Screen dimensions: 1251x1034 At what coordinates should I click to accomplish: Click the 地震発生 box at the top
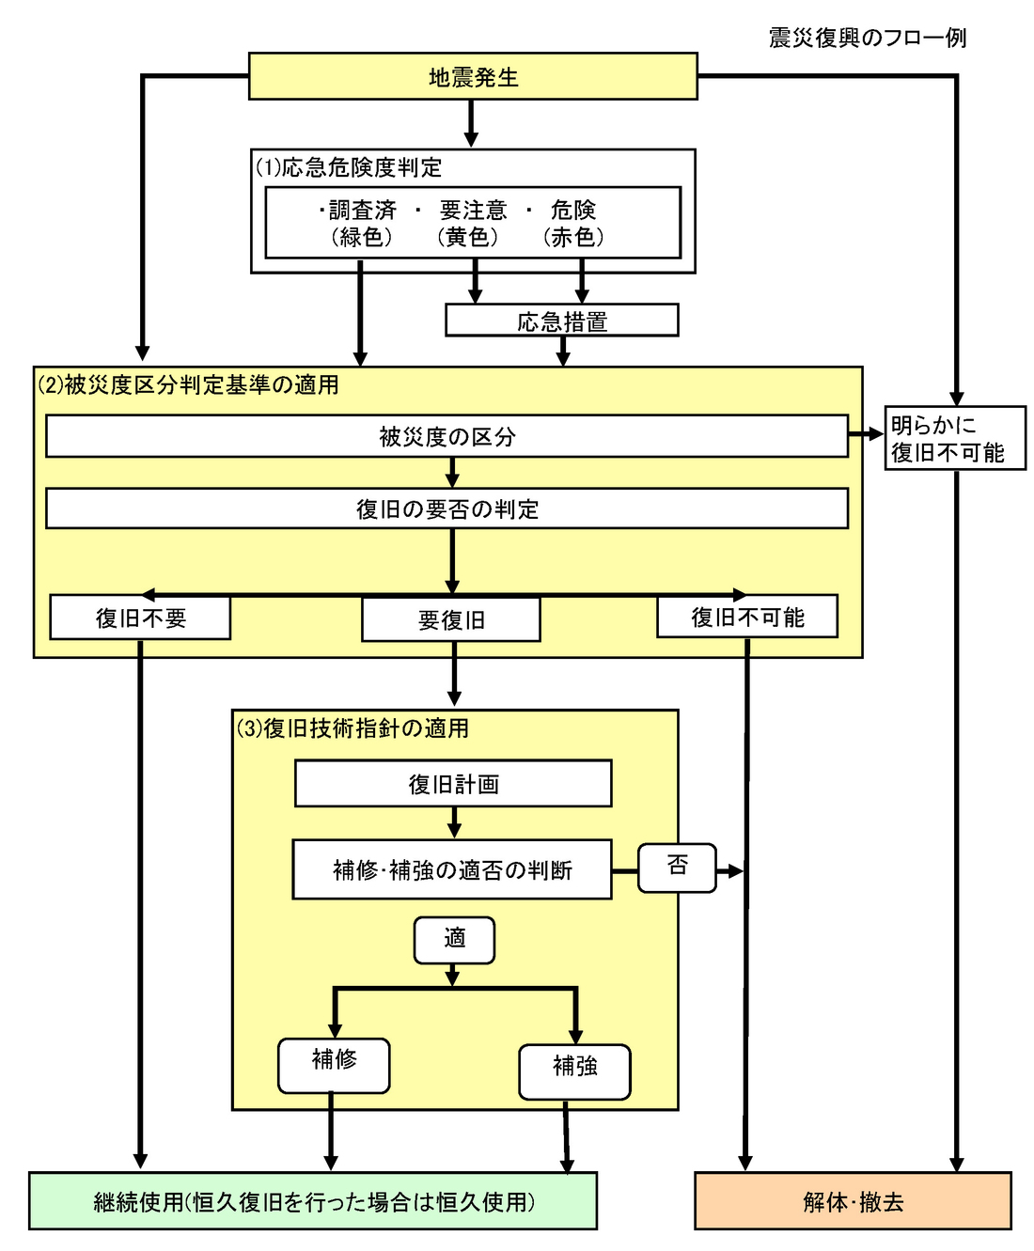coord(473,76)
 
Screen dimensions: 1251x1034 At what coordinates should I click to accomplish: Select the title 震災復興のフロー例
coord(867,38)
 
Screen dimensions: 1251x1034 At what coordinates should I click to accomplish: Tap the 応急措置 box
coord(561,321)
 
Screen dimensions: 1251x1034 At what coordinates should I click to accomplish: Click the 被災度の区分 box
coord(446,436)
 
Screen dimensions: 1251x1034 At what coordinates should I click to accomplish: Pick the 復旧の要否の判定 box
coord(446,508)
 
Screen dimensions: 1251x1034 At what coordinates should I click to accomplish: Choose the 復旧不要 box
coord(140,618)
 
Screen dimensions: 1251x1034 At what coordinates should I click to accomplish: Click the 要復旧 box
coord(451,619)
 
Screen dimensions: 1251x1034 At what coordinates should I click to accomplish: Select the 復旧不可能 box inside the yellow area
coord(747,617)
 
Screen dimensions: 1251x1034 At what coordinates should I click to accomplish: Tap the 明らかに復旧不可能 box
coord(954,438)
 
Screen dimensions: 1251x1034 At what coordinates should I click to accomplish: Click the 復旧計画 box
coord(453,784)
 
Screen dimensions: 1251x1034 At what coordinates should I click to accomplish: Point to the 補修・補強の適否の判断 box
coord(452,869)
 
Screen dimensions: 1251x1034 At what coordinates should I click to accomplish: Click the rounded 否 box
coord(677,867)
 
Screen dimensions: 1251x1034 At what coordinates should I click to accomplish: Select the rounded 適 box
coord(454,940)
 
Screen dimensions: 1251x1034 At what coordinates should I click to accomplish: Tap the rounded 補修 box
coord(334,1065)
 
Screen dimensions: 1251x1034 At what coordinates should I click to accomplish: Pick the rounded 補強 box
coord(574,1071)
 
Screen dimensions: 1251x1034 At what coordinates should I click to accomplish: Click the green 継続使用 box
coord(313,1201)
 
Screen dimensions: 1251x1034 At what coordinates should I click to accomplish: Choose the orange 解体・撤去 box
coord(853,1201)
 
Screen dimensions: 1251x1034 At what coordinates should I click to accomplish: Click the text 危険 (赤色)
coord(573,223)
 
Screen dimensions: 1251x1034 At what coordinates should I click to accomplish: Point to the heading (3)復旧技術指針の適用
coord(352,728)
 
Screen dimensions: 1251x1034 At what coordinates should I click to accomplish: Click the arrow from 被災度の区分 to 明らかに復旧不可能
coord(866,435)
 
